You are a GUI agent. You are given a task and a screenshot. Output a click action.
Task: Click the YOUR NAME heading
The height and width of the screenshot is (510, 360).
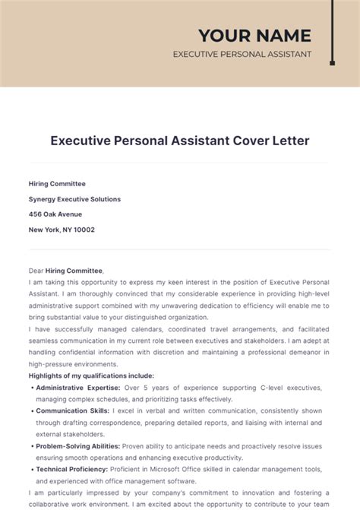pyautogui.click(x=254, y=35)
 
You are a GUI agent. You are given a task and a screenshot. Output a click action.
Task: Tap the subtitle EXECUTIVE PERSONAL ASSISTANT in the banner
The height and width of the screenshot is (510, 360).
pyautogui.click(x=242, y=55)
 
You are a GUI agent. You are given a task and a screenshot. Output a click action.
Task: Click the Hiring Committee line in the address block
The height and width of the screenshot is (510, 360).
pyautogui.click(x=57, y=184)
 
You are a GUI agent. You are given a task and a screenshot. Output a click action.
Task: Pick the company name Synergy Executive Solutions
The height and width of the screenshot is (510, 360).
pyautogui.click(x=74, y=199)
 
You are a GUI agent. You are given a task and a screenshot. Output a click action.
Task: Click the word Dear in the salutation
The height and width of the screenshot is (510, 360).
pyautogui.click(x=36, y=271)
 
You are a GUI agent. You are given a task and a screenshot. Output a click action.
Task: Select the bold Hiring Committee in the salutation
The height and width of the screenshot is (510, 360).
pyautogui.click(x=74, y=271)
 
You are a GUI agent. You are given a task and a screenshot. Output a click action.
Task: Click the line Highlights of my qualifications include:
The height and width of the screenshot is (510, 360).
pyautogui.click(x=91, y=375)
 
